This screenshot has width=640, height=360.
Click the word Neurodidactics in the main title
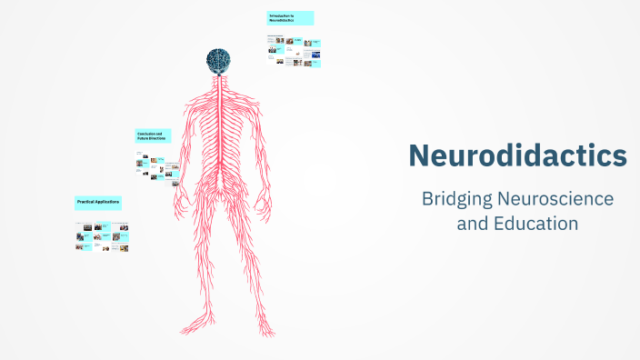(x=517, y=155)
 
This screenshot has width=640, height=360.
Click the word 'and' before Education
(x=471, y=223)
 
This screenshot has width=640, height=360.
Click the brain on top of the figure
(x=218, y=60)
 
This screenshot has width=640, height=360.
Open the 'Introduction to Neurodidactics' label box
(x=290, y=18)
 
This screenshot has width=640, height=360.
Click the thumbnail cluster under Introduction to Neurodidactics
(x=295, y=51)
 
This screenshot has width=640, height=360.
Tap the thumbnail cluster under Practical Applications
(x=102, y=236)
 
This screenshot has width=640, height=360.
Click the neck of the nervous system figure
(x=218, y=82)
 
